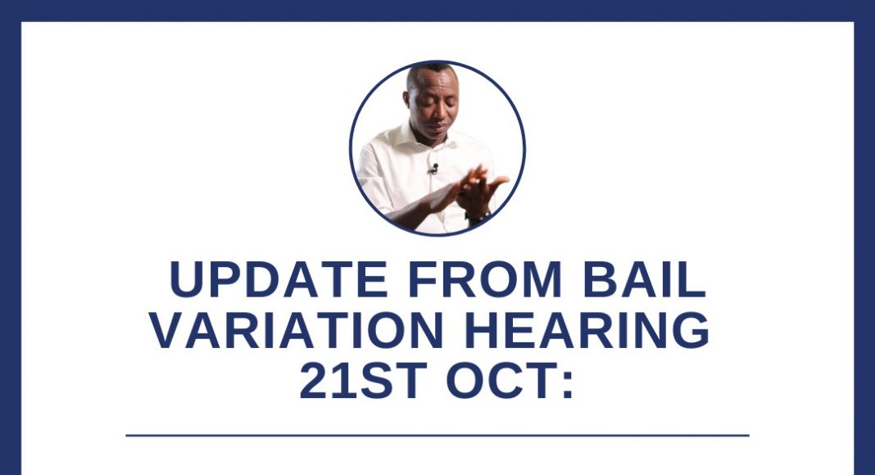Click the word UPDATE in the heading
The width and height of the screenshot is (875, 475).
click(279, 278)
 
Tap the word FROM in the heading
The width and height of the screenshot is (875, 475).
click(485, 278)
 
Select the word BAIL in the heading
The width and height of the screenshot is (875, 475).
click(645, 278)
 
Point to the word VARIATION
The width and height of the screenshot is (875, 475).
click(297, 330)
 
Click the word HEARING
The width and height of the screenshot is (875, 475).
click(587, 330)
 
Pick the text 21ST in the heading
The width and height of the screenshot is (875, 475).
click(363, 380)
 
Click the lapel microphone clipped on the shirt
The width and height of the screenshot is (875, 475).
click(433, 169)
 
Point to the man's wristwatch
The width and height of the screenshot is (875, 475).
click(477, 216)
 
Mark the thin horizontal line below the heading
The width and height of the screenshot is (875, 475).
click(437, 436)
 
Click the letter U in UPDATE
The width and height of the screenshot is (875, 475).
click(184, 278)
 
